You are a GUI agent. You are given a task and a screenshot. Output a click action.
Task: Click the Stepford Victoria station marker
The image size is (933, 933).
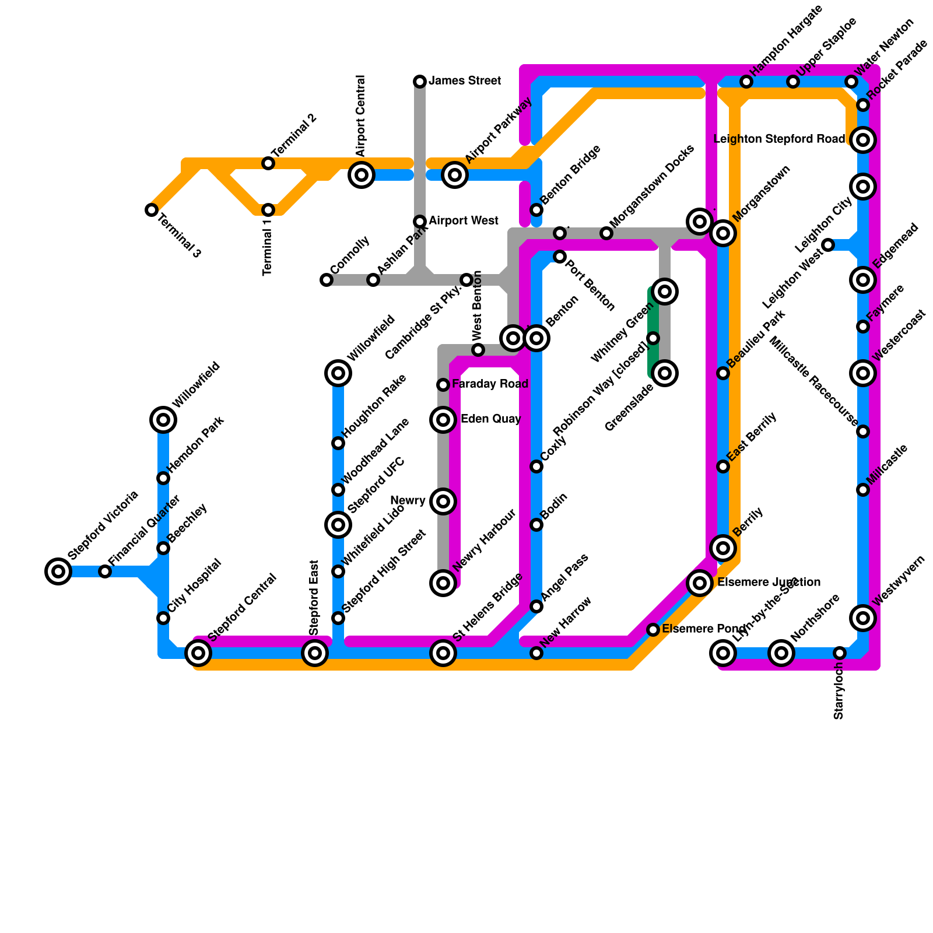58,571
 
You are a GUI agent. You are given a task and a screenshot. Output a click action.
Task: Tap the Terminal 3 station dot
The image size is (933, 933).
152,209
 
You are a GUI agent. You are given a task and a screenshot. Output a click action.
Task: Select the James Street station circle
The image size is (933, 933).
420,81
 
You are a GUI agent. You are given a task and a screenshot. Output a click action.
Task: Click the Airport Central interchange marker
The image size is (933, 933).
362,174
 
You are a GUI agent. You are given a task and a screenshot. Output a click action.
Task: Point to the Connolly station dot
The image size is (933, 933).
327,280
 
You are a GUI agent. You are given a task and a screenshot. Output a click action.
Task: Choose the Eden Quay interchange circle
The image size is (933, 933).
443,419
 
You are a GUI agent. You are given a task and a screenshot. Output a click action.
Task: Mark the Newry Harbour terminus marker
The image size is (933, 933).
443,583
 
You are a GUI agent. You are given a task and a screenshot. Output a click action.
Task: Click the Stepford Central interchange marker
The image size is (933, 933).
198,653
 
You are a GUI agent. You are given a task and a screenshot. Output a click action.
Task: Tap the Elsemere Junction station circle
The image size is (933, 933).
700,583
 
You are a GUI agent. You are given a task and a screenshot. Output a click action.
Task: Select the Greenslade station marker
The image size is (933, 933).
665,373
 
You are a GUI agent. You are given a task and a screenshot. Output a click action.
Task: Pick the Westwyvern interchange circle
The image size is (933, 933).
863,618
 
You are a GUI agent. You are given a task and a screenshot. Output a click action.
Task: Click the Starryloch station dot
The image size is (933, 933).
839,653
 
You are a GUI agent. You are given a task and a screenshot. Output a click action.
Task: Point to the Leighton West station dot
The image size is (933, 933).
828,245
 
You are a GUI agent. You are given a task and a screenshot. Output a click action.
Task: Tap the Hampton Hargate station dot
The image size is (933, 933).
746,82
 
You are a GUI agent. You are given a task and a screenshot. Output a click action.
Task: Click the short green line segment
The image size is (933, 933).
653,332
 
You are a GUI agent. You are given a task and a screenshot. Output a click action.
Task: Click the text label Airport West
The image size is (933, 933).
463,221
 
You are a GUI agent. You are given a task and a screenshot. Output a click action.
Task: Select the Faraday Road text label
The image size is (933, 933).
490,384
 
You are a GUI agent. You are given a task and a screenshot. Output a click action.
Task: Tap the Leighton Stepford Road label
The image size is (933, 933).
779,139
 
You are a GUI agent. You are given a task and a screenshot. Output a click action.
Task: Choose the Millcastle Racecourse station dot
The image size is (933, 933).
863,432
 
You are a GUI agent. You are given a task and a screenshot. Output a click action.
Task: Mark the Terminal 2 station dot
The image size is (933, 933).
268,163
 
